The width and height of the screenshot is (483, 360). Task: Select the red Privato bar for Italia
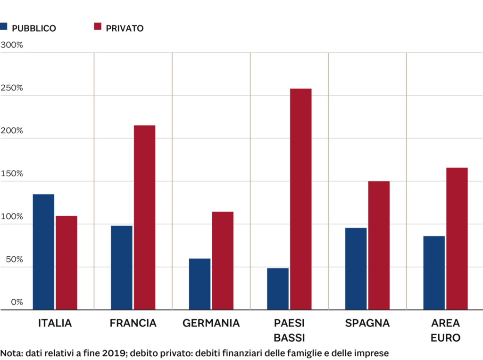(x=67, y=262)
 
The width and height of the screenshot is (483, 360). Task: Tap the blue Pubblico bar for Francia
(x=122, y=267)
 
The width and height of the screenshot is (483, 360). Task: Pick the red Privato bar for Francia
(x=144, y=217)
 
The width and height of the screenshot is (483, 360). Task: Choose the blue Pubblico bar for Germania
(x=200, y=283)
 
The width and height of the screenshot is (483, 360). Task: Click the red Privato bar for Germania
(x=223, y=260)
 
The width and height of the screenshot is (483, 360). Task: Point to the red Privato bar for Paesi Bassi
(x=301, y=198)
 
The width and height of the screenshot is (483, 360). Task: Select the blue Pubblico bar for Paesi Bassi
(x=278, y=288)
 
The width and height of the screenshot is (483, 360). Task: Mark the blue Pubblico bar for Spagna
(x=356, y=268)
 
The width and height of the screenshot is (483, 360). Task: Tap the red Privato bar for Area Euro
(x=457, y=238)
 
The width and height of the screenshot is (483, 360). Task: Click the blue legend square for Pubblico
(x=4, y=27)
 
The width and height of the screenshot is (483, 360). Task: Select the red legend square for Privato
(x=98, y=27)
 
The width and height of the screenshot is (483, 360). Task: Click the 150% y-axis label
(x=12, y=173)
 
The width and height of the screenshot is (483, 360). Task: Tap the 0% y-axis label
(x=17, y=302)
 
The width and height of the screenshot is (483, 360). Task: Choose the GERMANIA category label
(x=211, y=323)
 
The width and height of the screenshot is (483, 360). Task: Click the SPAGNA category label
(x=367, y=323)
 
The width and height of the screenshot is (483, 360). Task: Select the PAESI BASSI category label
(x=289, y=330)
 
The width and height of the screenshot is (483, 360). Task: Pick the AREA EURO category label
(x=445, y=330)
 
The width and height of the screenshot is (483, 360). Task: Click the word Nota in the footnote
(x=10, y=353)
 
